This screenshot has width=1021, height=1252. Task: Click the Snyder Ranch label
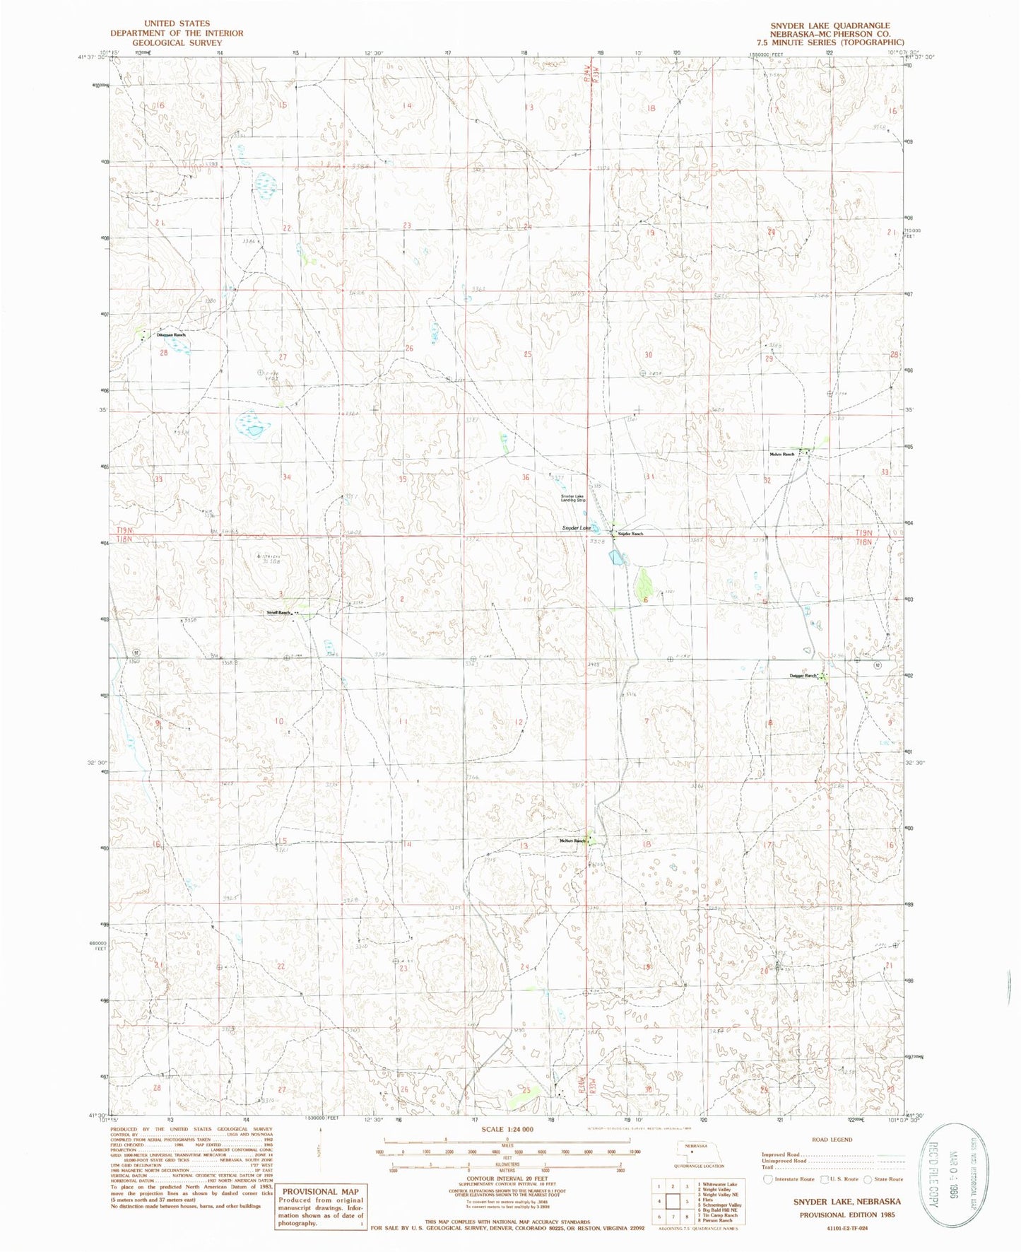click(631, 534)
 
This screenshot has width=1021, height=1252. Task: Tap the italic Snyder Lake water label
click(576, 528)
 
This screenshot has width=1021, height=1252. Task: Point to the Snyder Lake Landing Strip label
click(573, 498)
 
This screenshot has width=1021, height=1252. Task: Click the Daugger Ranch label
click(803, 676)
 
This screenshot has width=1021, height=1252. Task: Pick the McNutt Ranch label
click(572, 841)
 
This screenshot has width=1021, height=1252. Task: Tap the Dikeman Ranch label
click(171, 334)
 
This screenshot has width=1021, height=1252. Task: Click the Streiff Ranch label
click(278, 612)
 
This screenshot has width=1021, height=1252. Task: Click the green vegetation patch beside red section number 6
click(644, 585)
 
